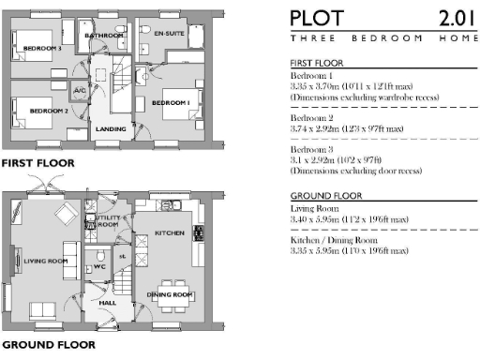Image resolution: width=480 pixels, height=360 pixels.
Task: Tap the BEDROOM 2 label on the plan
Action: click(x=49, y=111)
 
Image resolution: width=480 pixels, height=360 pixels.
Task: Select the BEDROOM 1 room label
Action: click(x=172, y=101)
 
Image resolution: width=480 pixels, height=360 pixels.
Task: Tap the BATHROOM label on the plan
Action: click(x=104, y=36)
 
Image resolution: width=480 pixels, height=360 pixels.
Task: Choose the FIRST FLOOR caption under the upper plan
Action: click(x=38, y=162)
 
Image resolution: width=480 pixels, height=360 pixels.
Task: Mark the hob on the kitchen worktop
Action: click(x=200, y=232)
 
